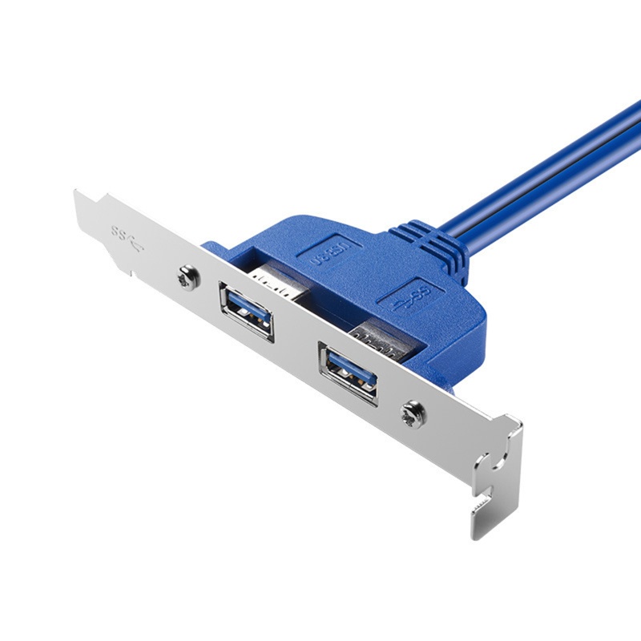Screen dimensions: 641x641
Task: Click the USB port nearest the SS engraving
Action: point(246,311)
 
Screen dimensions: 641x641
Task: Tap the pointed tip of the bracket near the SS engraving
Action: point(76,193)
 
